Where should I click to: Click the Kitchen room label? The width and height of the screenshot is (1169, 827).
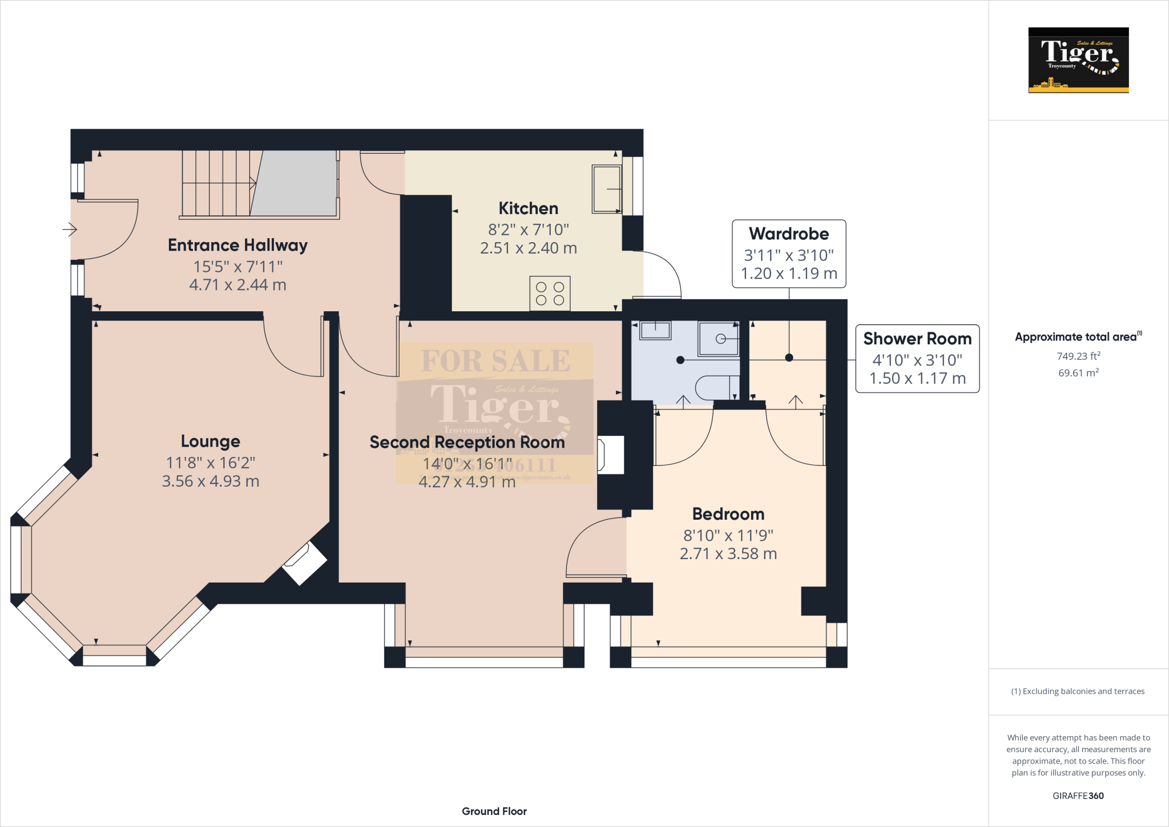coord(528,208)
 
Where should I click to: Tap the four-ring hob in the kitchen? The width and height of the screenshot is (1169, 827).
coord(550,293)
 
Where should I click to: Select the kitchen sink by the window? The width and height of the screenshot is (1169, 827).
coord(606,189)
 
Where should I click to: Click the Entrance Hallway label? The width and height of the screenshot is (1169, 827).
coord(237,245)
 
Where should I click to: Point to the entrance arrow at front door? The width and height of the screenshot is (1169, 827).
coord(70,230)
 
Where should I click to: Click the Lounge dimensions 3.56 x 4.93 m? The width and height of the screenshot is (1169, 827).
coord(210,481)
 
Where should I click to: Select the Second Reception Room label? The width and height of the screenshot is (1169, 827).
coord(467,442)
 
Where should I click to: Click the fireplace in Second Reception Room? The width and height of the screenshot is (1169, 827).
coord(611,455)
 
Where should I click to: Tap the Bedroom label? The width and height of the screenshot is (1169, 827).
coord(728,514)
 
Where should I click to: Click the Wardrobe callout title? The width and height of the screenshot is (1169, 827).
coord(789,234)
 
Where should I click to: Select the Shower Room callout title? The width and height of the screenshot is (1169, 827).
coord(917,339)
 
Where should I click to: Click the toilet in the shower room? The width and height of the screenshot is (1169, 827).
coord(716,388)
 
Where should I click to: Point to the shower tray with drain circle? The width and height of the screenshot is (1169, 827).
coord(719,339)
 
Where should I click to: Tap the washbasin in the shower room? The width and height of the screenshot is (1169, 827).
coord(655,330)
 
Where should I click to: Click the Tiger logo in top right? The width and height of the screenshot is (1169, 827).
coord(1078,60)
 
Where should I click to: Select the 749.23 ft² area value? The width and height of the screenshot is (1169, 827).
coord(1078,356)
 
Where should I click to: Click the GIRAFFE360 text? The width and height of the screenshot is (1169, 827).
coord(1078,796)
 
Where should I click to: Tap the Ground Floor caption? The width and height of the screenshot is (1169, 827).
coord(494,811)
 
